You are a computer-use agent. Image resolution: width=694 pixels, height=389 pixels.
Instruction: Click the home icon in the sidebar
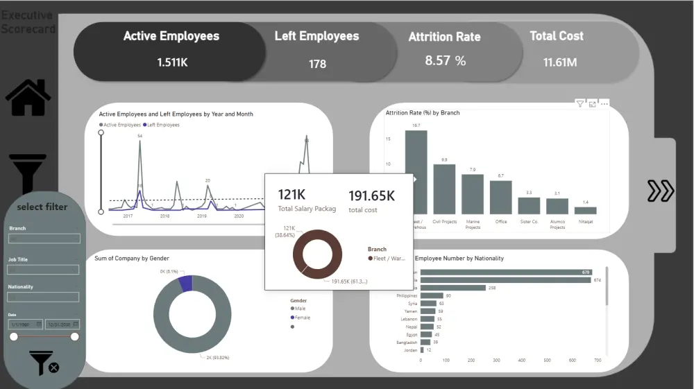click(x=28, y=98)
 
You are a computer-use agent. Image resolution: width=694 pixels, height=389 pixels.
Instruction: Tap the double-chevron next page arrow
click(x=660, y=191)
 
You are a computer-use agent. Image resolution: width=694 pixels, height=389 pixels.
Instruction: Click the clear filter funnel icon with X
click(x=44, y=363)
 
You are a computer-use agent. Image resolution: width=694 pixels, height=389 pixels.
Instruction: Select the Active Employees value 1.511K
click(x=172, y=62)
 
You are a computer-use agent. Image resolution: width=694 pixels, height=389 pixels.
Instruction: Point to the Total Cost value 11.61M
click(x=560, y=62)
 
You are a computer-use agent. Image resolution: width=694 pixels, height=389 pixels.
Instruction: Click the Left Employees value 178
click(x=317, y=64)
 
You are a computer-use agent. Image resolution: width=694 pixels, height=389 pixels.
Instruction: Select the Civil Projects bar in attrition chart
click(x=444, y=189)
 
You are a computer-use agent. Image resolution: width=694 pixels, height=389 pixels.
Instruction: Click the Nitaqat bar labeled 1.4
click(x=585, y=210)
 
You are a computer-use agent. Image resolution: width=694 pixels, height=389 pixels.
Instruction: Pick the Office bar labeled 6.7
click(x=500, y=197)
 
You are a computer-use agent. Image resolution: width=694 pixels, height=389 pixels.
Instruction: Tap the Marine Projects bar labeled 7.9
click(x=473, y=193)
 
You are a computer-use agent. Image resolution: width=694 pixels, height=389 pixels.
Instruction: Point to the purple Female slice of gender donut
click(x=185, y=283)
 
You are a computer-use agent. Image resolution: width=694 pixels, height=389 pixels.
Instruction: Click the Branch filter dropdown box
click(x=44, y=239)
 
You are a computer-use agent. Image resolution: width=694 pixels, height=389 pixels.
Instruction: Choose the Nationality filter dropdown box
click(x=44, y=297)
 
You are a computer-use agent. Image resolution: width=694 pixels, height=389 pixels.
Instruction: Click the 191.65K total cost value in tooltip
click(x=371, y=196)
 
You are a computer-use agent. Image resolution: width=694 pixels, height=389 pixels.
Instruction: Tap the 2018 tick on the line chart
click(x=164, y=216)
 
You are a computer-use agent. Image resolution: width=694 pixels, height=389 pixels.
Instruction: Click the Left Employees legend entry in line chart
click(x=162, y=125)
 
